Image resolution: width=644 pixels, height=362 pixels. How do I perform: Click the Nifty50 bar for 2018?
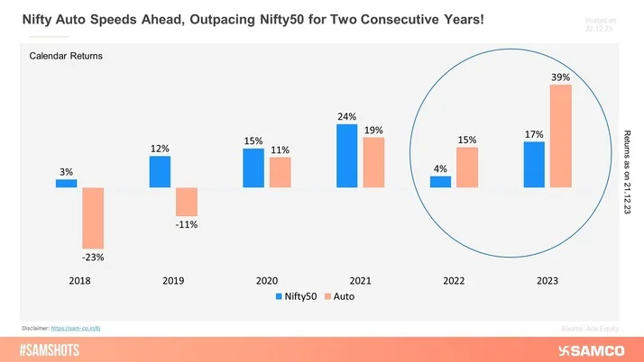point(66,184)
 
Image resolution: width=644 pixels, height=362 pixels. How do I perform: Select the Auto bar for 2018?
point(93,218)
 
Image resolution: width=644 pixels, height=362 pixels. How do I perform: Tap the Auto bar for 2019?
point(187,202)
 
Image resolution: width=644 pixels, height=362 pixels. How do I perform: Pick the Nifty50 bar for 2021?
point(346,156)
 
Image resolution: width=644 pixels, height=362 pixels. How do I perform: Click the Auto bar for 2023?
point(560,136)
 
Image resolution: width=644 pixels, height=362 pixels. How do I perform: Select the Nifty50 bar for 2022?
point(440,182)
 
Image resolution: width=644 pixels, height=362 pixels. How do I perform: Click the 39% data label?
point(560,77)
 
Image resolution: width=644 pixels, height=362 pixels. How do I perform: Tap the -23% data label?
point(93,257)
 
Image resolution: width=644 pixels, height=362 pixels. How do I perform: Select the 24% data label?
point(346,116)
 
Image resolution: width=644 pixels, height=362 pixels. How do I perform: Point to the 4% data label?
point(440,168)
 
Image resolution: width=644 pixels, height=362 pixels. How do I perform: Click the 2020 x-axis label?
point(267,279)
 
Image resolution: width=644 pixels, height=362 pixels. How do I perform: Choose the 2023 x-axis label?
point(547,279)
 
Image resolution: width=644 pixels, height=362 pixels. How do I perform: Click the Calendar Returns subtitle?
point(66,57)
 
